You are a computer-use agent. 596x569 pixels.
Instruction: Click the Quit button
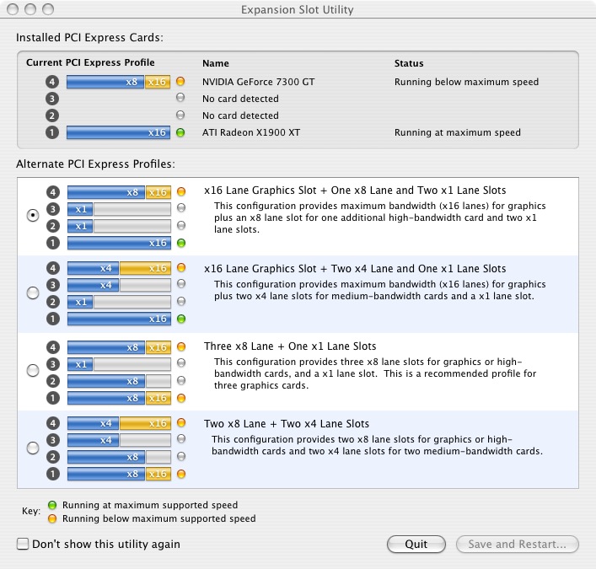[416, 544]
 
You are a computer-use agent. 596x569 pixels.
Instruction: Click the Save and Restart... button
[518, 544]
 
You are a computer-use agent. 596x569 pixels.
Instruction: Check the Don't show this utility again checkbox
[23, 544]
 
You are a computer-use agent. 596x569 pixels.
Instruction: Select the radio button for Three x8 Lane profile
[33, 370]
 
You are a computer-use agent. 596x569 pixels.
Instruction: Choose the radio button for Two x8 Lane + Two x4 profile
[33, 448]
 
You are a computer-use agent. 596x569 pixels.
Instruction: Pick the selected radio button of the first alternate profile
[33, 216]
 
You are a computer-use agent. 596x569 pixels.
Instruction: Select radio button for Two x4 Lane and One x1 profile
[33, 293]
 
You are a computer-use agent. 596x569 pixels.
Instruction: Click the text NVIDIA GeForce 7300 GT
[259, 82]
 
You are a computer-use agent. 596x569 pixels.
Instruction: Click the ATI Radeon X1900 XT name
[251, 132]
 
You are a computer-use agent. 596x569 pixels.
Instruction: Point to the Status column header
[409, 63]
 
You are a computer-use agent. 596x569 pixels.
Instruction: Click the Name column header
[216, 63]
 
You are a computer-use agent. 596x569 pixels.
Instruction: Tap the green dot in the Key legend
[52, 505]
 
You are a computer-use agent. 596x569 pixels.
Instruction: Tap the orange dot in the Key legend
[52, 518]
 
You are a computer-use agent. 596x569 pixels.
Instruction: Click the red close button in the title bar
[13, 9]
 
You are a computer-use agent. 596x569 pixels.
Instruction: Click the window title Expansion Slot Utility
[298, 9]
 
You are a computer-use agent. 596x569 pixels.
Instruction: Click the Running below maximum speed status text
[466, 82]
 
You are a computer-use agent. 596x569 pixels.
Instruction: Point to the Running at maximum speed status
[457, 132]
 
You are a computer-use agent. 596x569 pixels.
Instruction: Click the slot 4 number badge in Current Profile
[52, 82]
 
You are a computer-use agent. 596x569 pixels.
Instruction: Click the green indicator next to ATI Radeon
[180, 132]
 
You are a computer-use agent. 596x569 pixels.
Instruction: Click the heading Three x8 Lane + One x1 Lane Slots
[290, 346]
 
